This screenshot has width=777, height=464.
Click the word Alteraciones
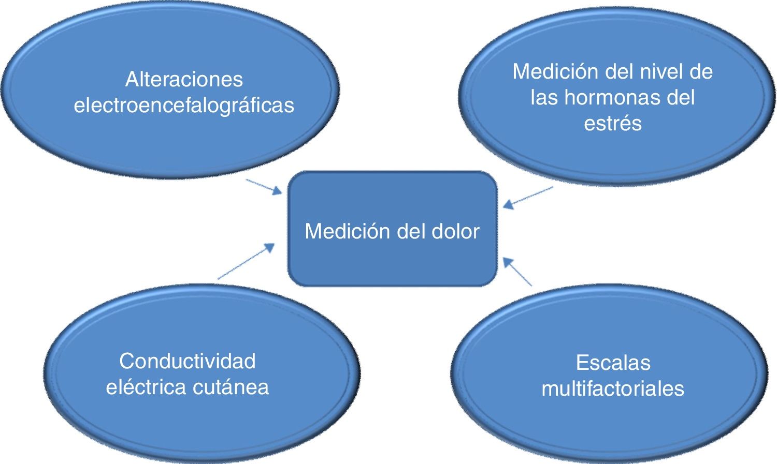184,80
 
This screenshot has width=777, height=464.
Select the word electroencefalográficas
184,106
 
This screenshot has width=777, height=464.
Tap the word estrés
613,124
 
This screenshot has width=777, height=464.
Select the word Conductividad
188,361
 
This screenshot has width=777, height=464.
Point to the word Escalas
613,363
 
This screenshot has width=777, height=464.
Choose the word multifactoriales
613,388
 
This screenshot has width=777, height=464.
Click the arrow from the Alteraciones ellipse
264,187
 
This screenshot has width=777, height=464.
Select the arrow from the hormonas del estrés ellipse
528,197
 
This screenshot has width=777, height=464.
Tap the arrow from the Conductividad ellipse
246,261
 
